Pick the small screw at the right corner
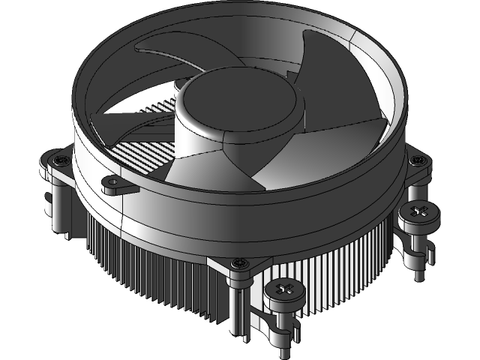coord(415,159)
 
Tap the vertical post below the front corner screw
coord(238,307)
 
